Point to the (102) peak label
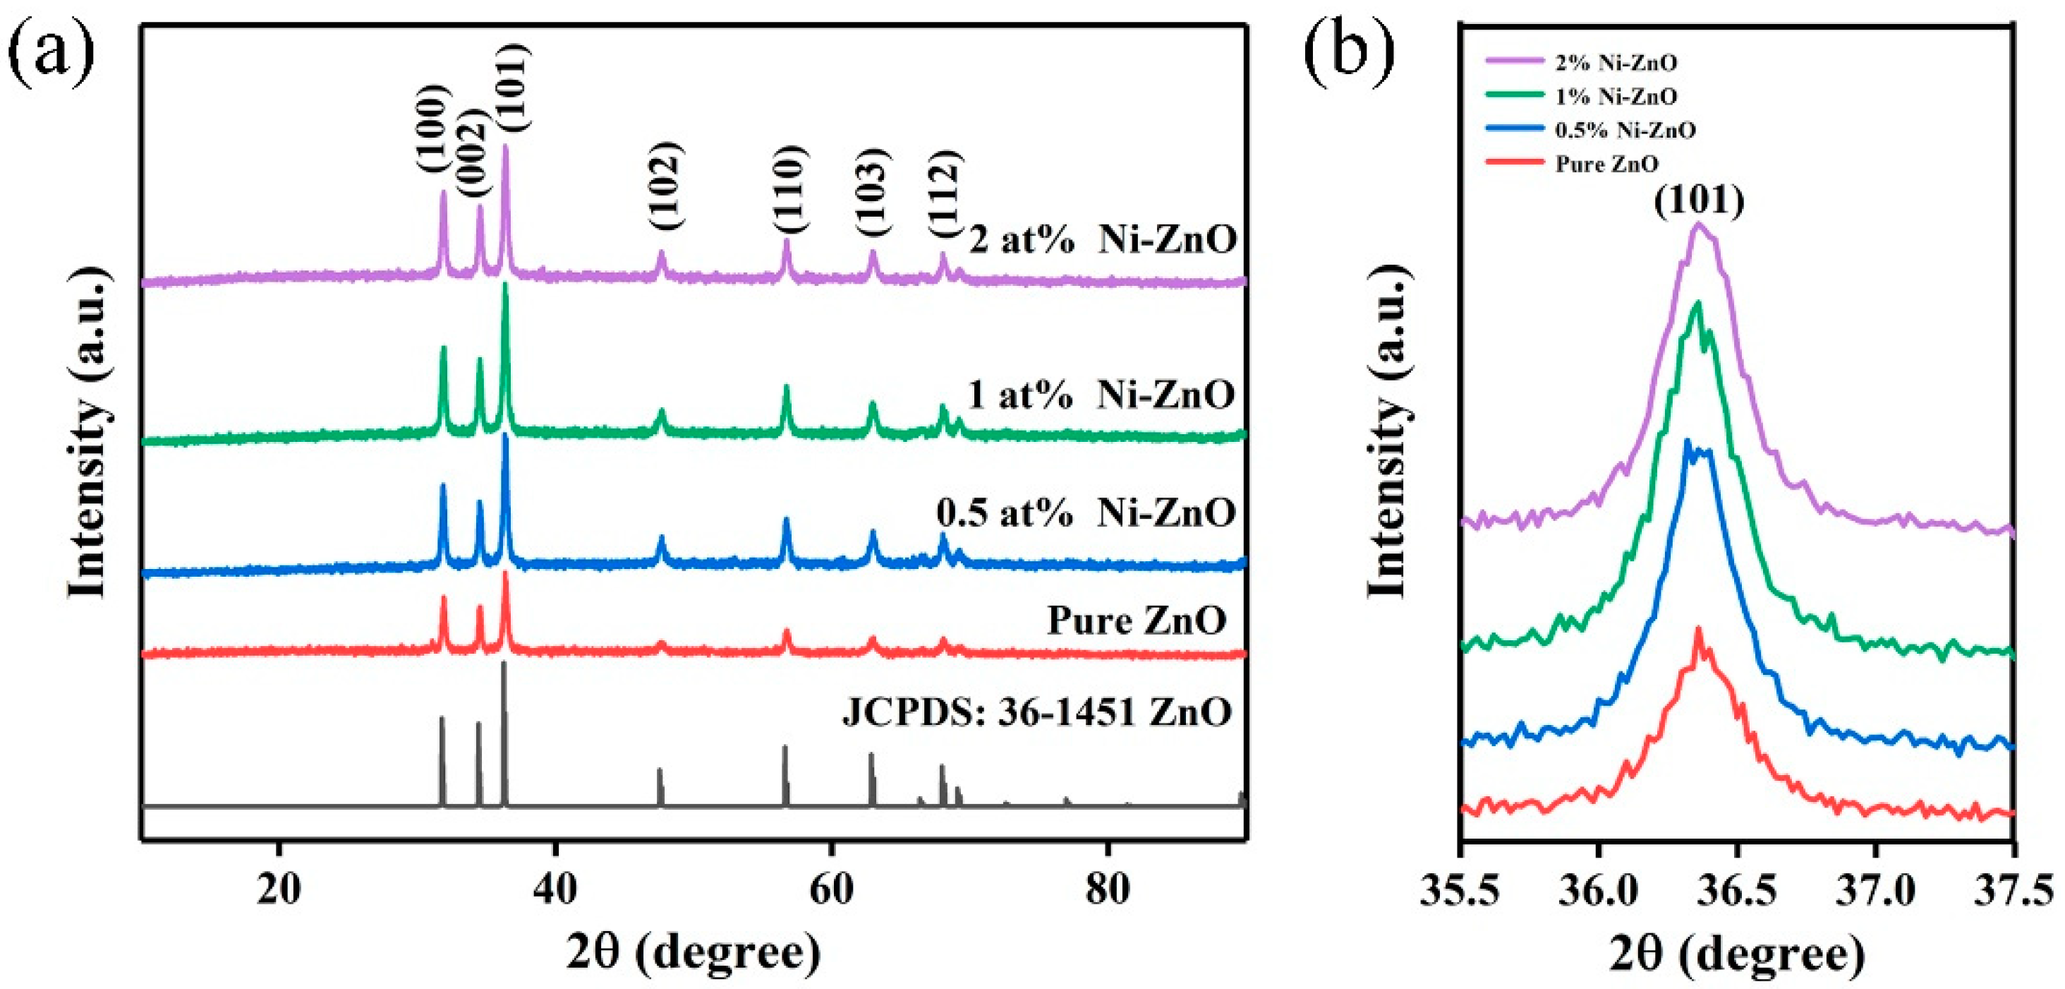tap(665, 186)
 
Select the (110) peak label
tap(788, 190)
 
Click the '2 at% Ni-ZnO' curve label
tap(1102, 240)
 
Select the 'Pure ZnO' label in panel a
tap(1136, 620)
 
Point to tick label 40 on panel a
tap(555, 889)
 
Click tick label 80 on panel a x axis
tap(1107, 889)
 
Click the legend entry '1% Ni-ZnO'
tap(1616, 97)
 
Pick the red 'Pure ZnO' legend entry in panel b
tap(1606, 164)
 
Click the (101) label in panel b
tap(1700, 200)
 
